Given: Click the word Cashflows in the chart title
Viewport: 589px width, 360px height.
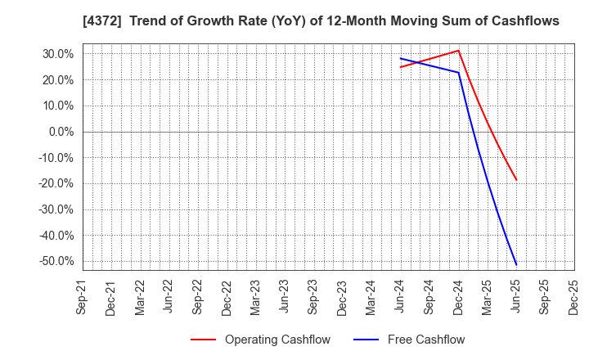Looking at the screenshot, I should (524, 21).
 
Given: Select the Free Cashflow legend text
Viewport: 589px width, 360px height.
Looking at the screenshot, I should (426, 340).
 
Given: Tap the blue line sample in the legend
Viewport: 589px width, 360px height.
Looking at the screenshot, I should (366, 340).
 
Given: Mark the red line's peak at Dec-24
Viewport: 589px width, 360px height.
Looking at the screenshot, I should (459, 51).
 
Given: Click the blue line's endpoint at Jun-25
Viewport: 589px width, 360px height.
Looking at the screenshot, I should (516, 264).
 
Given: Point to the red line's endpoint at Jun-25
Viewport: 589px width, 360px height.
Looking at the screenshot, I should (516, 180).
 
